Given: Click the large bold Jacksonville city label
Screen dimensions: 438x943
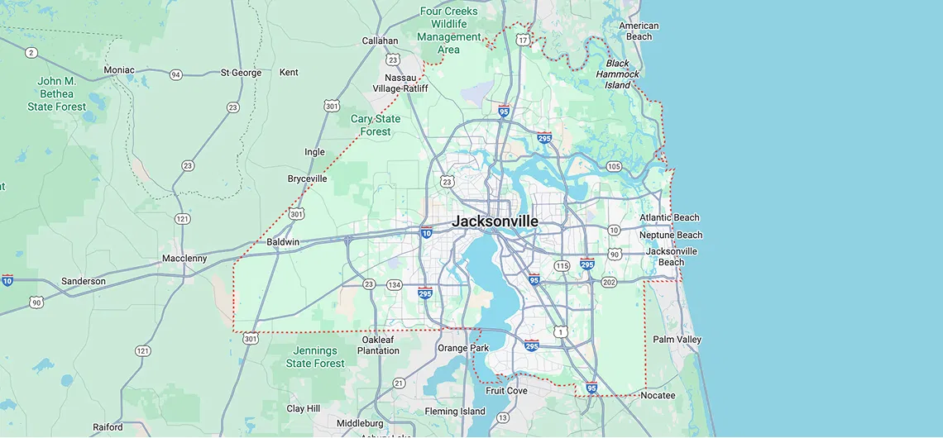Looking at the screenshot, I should [495, 221].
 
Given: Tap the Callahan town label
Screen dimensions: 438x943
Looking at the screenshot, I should [380, 40].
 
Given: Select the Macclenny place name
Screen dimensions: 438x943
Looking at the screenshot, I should [184, 259].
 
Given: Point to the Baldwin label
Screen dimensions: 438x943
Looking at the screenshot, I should [283, 242].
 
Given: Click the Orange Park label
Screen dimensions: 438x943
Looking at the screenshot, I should [463, 348].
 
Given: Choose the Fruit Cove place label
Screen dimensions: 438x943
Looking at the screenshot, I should [506, 391].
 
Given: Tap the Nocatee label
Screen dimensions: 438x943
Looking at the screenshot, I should [658, 395].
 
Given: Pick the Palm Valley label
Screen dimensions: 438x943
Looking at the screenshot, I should [677, 340].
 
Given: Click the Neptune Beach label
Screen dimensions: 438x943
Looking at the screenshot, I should [671, 235].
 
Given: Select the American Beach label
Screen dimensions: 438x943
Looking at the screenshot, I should [639, 31].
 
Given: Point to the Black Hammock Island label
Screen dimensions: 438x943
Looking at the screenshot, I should [617, 74].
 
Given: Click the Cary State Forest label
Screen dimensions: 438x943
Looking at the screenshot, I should [376, 125].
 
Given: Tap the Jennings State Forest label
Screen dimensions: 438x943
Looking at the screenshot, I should [315, 357].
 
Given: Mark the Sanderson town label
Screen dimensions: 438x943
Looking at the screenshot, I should [84, 281].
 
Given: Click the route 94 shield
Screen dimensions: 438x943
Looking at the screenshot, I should [175, 74].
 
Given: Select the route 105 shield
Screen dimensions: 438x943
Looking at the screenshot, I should [614, 167].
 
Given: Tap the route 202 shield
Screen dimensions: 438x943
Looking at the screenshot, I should [609, 283].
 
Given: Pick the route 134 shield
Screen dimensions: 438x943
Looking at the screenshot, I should [395, 285].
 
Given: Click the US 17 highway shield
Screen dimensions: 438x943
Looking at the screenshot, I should [523, 40].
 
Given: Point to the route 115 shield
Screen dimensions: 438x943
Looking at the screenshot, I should [562, 265].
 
